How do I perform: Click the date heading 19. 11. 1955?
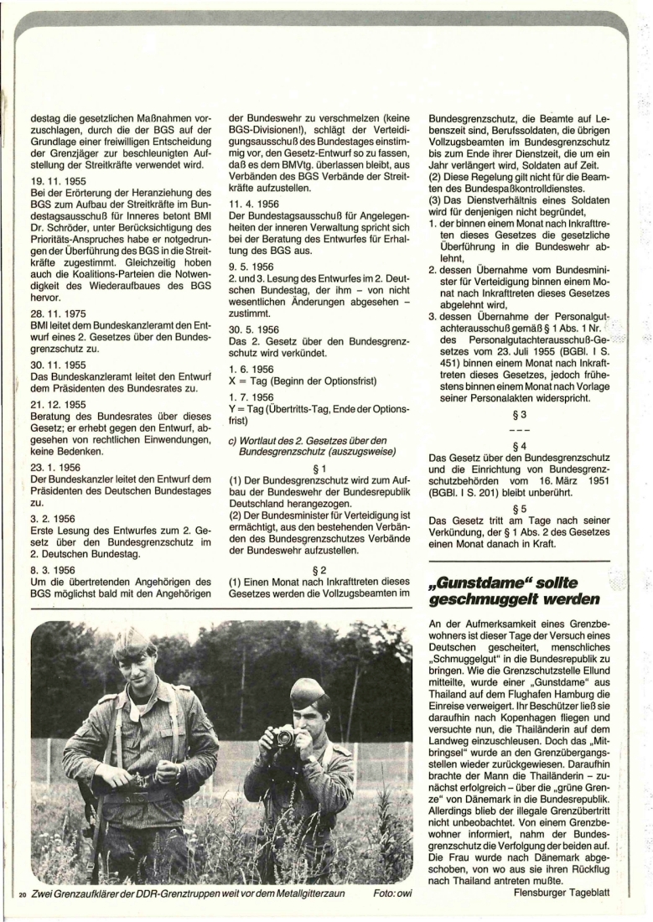[x=52, y=179]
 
